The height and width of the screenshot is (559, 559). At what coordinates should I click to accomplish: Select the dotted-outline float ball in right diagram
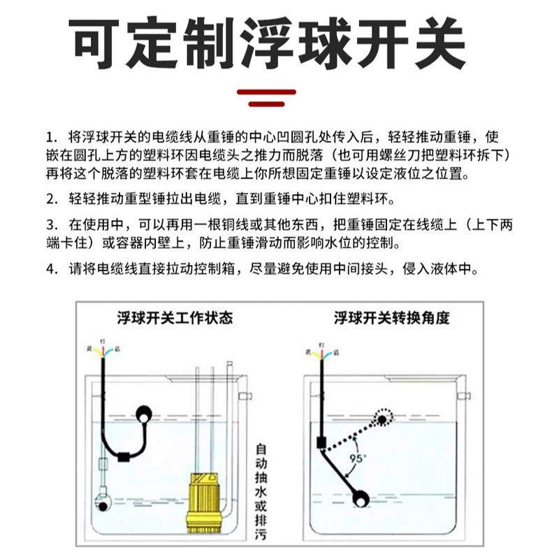tap(383, 418)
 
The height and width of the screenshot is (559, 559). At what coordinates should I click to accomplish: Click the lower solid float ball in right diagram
tap(361, 498)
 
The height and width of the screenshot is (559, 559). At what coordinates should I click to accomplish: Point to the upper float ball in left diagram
tap(143, 414)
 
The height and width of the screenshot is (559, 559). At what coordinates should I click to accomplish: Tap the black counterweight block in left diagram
tap(124, 458)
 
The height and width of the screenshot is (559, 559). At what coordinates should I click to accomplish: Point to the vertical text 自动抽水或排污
tap(261, 493)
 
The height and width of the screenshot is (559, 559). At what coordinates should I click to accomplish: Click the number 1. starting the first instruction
tap(50, 136)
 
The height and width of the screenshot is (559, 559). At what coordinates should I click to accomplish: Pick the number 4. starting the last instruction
tap(50, 269)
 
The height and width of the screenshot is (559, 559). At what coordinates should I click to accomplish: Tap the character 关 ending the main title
tap(433, 43)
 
